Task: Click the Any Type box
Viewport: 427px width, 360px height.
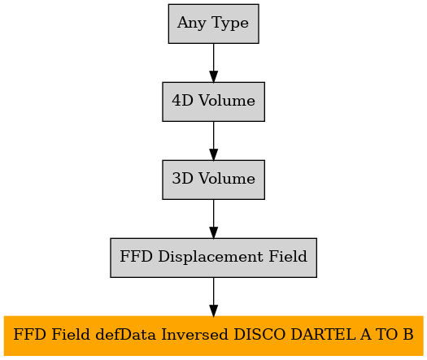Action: (213, 24)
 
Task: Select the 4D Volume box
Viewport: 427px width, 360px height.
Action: (213, 102)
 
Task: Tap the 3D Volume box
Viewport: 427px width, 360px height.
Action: (213, 180)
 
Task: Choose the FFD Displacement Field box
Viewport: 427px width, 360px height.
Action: (213, 258)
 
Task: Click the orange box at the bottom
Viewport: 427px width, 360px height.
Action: (213, 336)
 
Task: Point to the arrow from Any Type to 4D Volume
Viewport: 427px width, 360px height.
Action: (213, 63)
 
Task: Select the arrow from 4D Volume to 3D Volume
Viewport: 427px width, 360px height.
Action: (213, 141)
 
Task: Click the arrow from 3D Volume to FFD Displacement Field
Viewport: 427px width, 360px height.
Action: (213, 219)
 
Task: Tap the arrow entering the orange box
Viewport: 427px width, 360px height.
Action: (213, 297)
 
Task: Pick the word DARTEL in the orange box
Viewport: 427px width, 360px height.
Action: (323, 335)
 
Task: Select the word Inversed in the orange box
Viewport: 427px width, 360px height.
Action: (194, 335)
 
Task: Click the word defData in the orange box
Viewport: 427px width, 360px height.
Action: (125, 335)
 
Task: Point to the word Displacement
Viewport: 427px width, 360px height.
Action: (211, 257)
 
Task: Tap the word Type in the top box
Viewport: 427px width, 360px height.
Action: (229, 23)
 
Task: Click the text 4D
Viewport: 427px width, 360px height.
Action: (182, 101)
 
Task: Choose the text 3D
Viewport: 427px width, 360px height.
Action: (182, 179)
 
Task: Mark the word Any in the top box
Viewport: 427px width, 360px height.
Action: (191, 23)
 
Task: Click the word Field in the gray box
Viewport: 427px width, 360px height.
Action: (288, 256)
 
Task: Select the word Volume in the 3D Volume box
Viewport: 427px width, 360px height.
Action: (227, 179)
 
